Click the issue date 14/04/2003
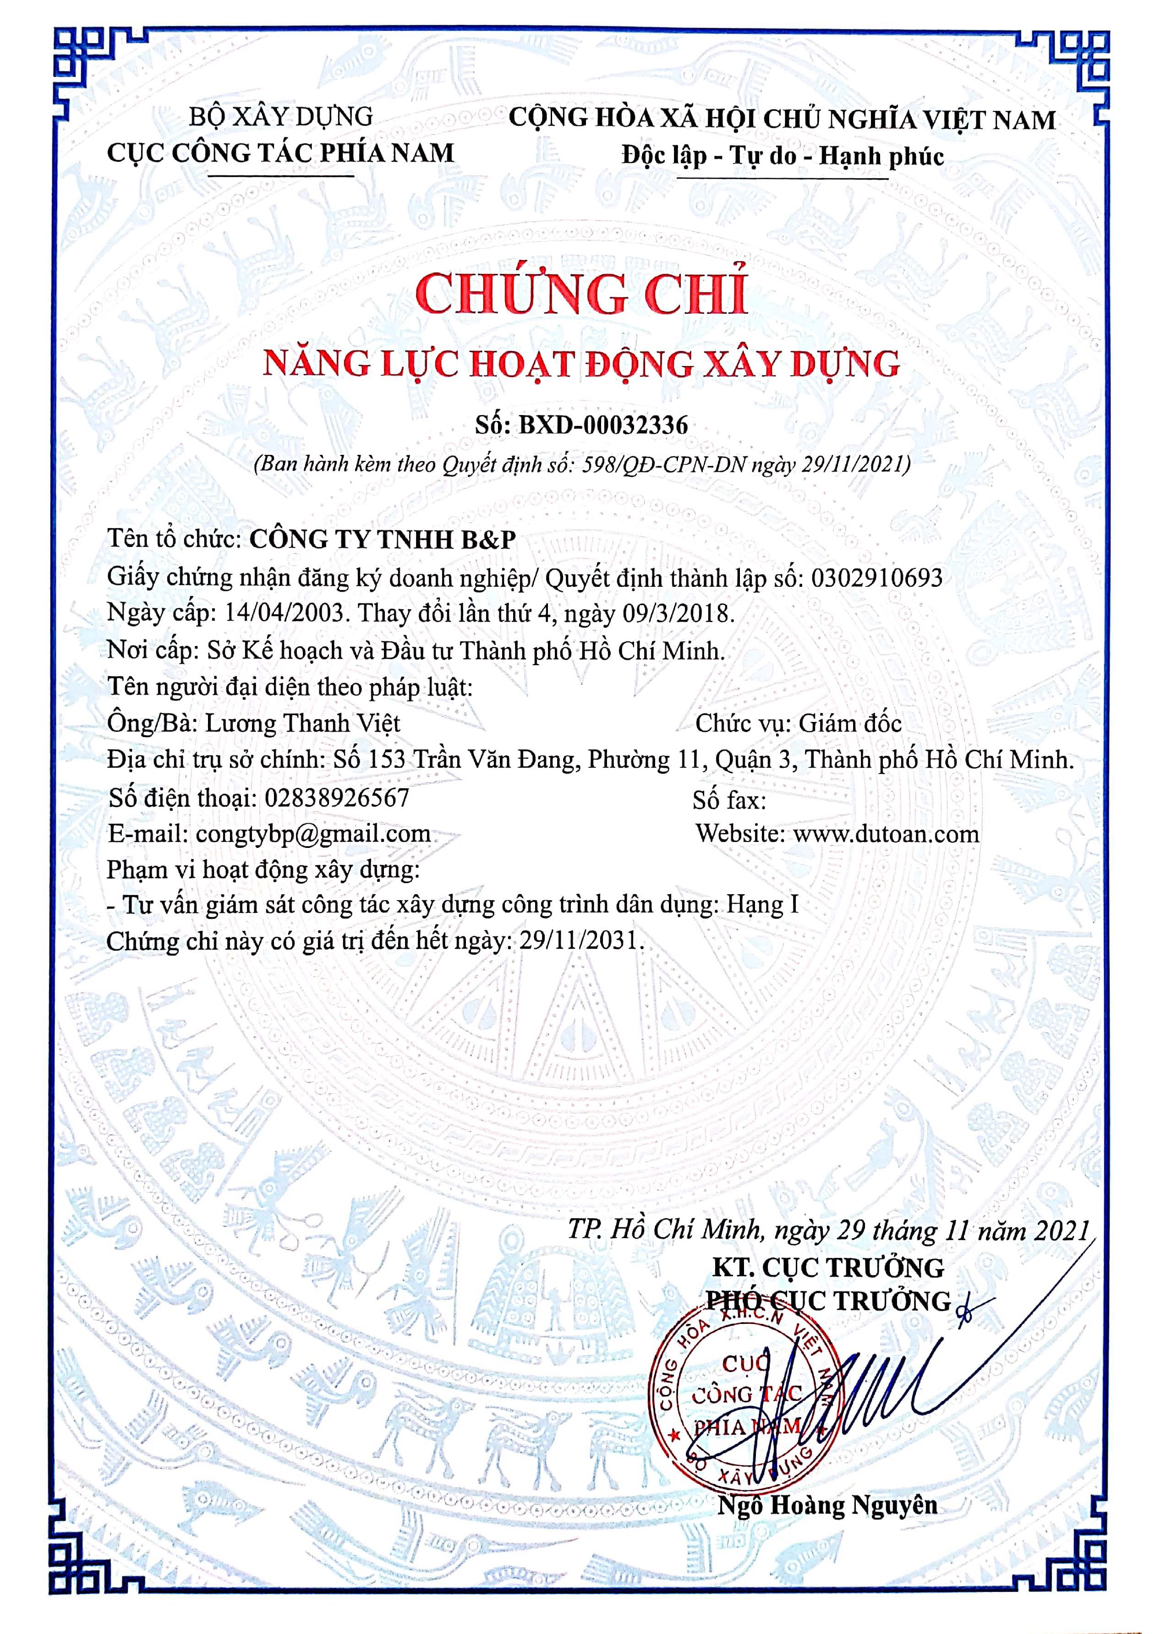click(286, 613)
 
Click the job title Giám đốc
click(850, 723)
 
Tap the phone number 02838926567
click(337, 797)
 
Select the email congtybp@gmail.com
click(312, 833)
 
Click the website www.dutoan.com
click(886, 833)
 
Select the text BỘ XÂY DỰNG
click(280, 116)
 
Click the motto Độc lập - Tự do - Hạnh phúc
click(783, 156)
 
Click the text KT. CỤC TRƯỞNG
click(828, 1267)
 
